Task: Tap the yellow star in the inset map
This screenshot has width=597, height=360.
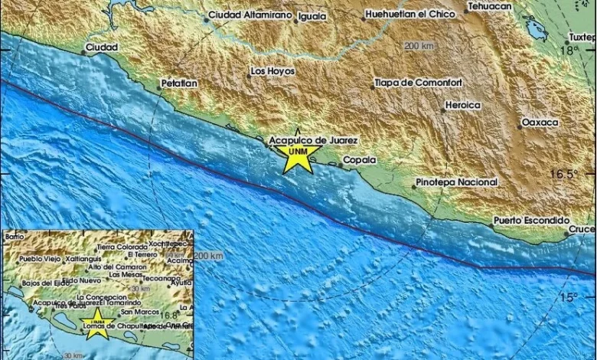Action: [97, 321]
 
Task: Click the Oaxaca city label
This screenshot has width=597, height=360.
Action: [540, 123]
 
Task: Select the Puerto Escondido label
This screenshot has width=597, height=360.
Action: [531, 220]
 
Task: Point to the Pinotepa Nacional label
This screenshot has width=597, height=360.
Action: [456, 182]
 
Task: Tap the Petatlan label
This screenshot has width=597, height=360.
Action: [179, 82]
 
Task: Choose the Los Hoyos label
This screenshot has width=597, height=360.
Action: [272, 71]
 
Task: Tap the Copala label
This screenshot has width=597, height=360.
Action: [359, 159]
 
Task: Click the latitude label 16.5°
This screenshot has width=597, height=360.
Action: [562, 174]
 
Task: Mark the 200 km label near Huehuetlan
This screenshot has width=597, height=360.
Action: [419, 46]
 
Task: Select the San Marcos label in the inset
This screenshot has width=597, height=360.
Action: [140, 312]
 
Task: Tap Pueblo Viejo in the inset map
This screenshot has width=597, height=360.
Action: [39, 259]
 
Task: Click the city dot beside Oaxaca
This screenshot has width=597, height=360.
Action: [519, 126]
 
